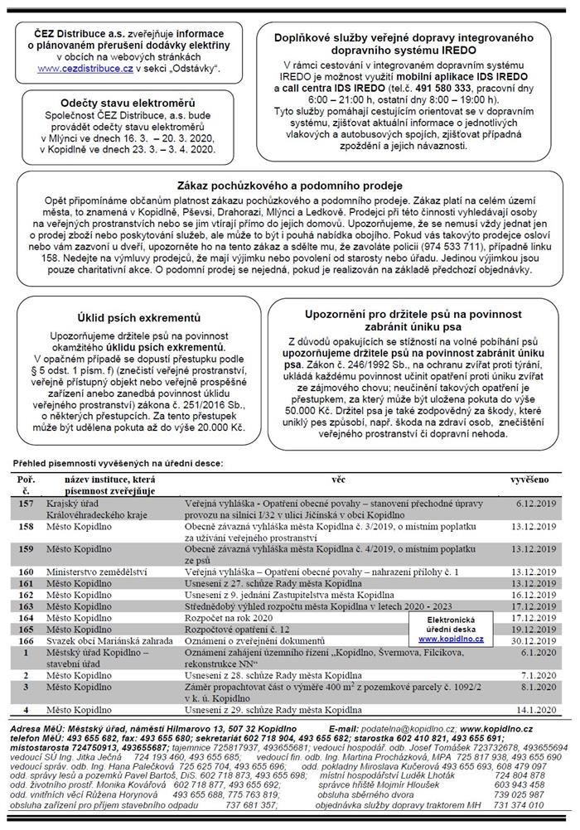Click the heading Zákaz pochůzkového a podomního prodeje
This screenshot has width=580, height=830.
290,185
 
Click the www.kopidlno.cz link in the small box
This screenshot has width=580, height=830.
457,639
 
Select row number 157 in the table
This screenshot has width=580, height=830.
27,503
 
